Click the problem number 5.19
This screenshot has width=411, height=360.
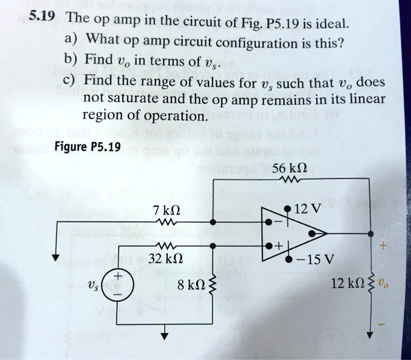click(x=43, y=16)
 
